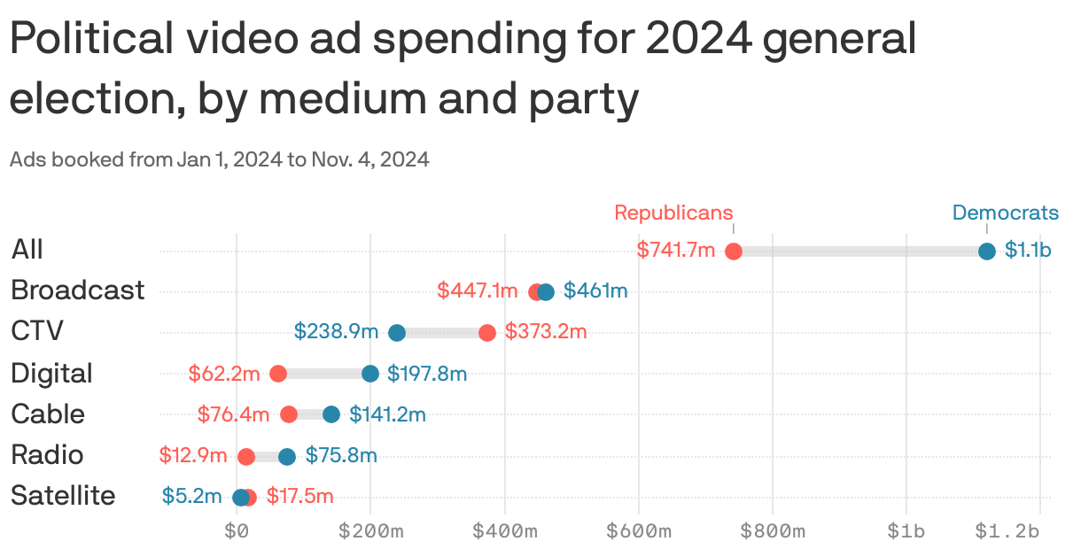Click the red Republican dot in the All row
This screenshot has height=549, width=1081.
click(x=734, y=251)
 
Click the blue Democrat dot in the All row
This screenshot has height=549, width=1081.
click(x=987, y=251)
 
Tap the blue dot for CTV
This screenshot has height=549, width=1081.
click(x=397, y=333)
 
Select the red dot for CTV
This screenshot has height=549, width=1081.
click(x=487, y=333)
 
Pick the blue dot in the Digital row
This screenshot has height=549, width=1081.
click(x=370, y=374)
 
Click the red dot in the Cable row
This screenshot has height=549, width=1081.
click(x=289, y=414)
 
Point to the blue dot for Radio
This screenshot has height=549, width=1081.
click(x=287, y=456)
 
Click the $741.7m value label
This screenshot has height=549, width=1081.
click(x=675, y=251)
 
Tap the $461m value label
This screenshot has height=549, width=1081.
click(x=595, y=290)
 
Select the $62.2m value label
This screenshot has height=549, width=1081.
click(x=224, y=374)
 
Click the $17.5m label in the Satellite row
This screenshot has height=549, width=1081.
click(x=299, y=496)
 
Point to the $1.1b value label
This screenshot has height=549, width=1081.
click(x=1028, y=251)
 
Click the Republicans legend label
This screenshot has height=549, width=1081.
click(x=673, y=213)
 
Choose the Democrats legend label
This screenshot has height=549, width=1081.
click(x=1005, y=213)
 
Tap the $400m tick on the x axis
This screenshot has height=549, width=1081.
click(x=505, y=531)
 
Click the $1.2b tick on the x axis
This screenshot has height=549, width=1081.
click(x=1007, y=531)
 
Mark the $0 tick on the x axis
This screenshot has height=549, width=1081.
click(x=237, y=531)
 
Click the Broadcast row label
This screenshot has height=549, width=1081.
click(x=77, y=290)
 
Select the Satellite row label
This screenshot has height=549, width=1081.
click(x=63, y=496)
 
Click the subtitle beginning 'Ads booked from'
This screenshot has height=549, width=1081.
click(x=219, y=160)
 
